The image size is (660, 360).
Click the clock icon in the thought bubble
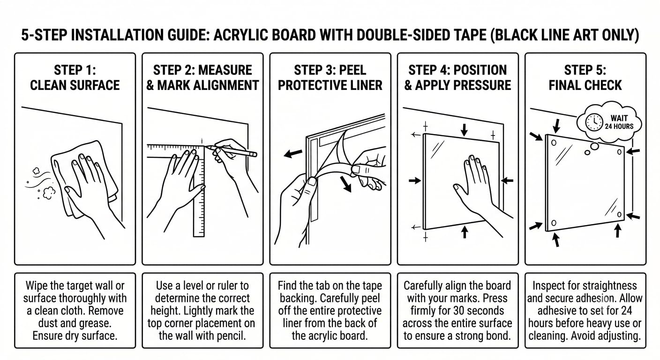594,122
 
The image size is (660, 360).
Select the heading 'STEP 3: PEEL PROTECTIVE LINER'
330,78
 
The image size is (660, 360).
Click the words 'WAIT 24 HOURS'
619,122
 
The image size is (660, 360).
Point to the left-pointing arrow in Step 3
293,153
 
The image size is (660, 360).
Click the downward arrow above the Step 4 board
465,130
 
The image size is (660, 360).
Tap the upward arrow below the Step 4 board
465,232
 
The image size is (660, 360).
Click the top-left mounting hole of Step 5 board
554,143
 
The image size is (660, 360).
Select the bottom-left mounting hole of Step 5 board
554,223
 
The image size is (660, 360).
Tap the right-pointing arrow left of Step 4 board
415,180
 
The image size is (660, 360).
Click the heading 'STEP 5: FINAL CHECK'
585,78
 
